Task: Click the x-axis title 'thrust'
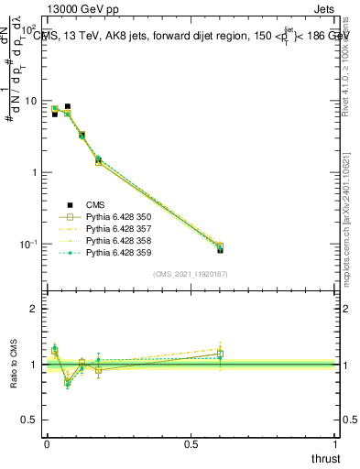(325, 458)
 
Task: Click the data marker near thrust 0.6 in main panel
(220, 249)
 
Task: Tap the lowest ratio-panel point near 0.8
(67, 384)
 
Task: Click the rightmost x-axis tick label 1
(337, 444)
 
